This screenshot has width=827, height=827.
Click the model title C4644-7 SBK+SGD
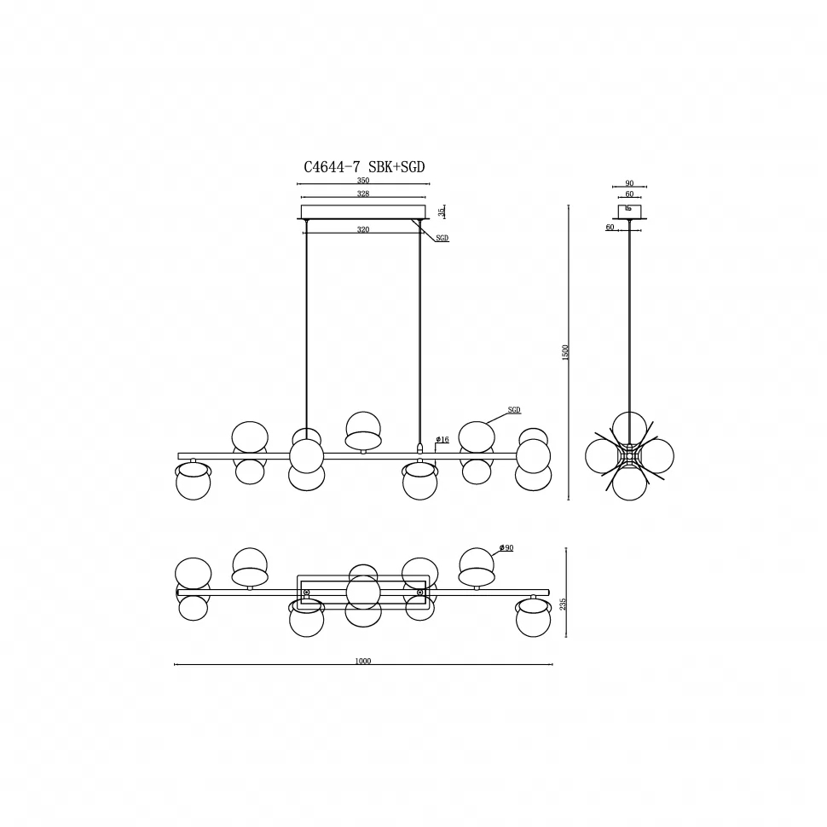[364, 167]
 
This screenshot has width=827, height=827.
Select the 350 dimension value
[363, 181]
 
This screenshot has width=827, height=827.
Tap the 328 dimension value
[363, 194]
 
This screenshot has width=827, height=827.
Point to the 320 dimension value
[363, 229]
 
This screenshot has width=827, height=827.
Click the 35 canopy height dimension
[442, 212]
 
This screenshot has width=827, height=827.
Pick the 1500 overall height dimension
[565, 352]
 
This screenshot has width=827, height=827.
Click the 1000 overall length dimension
[363, 661]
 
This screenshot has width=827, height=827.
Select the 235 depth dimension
[563, 604]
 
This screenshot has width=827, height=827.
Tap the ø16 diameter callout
[442, 439]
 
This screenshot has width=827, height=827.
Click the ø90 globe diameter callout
[506, 548]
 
